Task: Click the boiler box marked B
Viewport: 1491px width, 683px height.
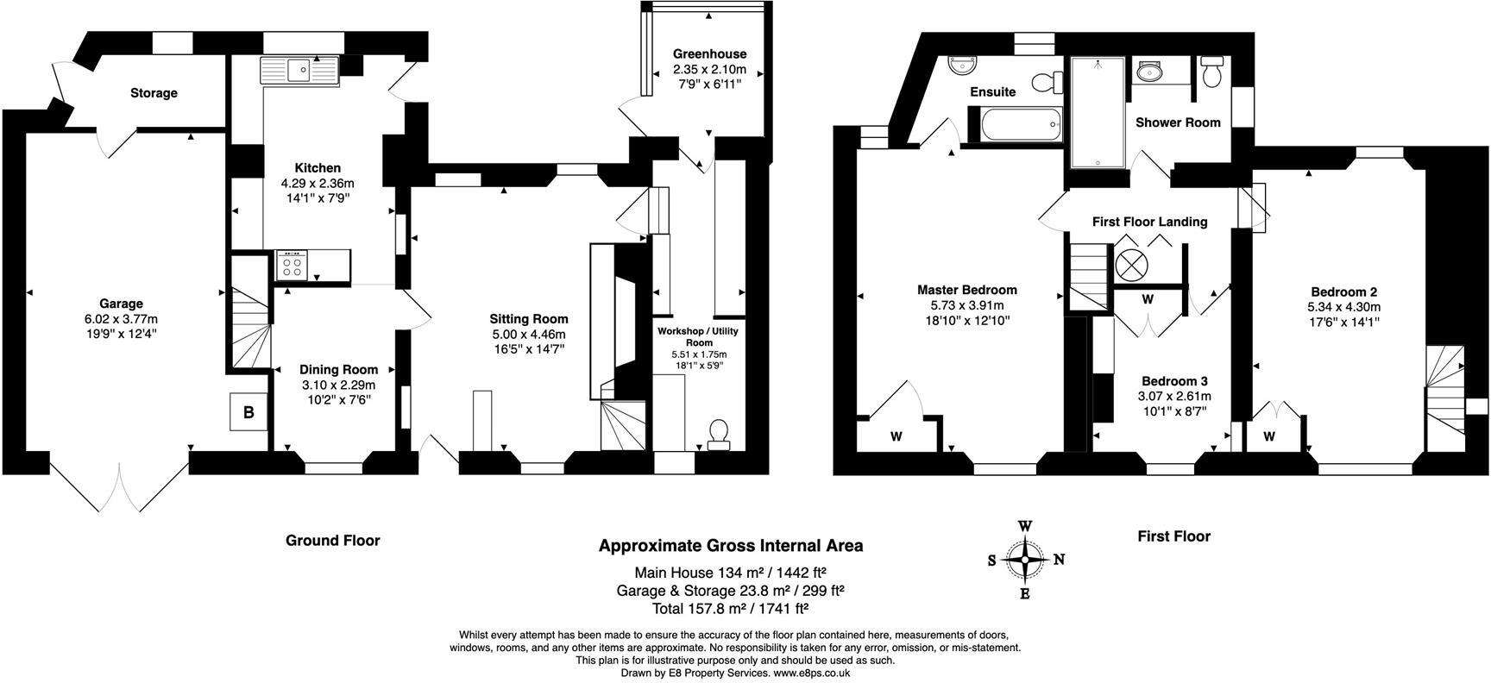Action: [248, 412]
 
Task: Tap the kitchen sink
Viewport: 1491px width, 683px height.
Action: [299, 68]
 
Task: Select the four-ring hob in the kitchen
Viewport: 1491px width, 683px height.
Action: [292, 265]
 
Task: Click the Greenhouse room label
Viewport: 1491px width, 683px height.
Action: [709, 53]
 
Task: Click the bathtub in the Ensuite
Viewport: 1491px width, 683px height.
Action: [1017, 124]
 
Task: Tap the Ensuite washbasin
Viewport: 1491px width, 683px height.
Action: [959, 65]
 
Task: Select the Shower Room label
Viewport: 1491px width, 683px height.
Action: [1178, 122]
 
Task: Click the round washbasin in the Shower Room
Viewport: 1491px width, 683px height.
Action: [1149, 72]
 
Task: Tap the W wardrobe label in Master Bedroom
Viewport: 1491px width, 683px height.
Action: [896, 437]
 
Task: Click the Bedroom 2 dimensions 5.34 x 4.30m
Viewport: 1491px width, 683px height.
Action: [1343, 307]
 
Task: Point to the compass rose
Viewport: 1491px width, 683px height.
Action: [1025, 560]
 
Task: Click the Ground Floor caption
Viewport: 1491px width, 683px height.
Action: [332, 541]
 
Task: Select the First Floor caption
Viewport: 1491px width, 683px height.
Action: [1173, 536]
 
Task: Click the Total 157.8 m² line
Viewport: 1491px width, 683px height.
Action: [730, 608]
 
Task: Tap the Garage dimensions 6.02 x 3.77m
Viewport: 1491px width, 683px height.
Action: [121, 318]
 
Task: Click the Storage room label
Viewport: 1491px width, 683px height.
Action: [154, 93]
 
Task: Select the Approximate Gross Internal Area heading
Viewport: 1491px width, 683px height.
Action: [730, 546]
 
